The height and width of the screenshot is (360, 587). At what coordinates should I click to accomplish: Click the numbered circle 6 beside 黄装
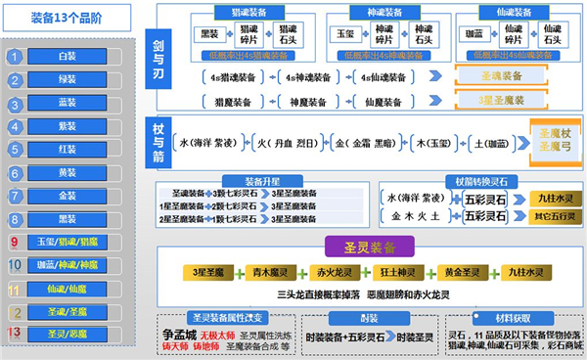tap(15, 172)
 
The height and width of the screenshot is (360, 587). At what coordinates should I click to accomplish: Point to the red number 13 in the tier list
tap(15, 334)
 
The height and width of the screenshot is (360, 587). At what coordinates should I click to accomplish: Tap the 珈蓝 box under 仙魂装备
tap(473, 32)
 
